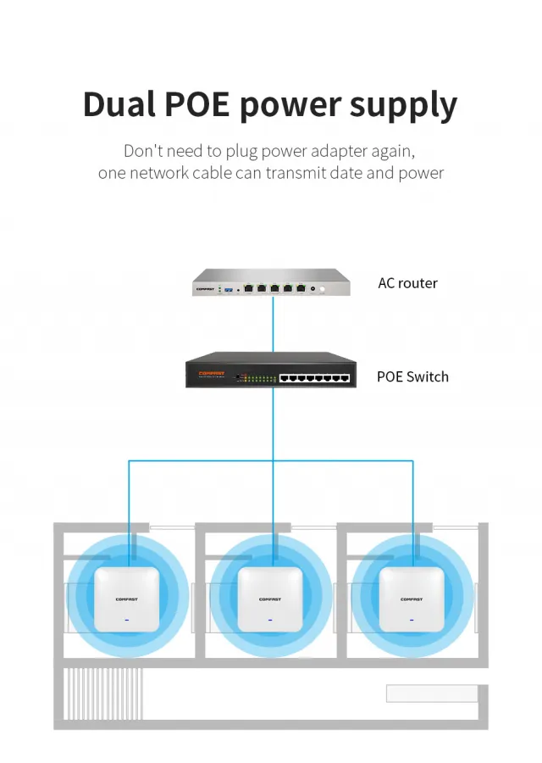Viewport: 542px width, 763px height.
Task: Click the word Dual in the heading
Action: point(119,103)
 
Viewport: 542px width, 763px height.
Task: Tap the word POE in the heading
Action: point(196,103)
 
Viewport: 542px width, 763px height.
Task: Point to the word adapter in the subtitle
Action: point(340,152)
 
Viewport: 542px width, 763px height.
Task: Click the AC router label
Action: point(407,283)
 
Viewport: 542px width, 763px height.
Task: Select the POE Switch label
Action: point(412,376)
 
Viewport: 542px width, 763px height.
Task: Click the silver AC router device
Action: point(271,282)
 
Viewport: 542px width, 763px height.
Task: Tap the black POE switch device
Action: point(271,370)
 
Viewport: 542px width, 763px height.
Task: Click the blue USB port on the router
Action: point(229,290)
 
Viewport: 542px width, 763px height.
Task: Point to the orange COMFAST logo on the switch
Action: point(212,373)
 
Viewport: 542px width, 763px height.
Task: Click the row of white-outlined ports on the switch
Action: point(314,378)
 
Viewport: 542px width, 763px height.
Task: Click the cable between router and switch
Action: point(274,324)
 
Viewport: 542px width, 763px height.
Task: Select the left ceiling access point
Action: point(127,599)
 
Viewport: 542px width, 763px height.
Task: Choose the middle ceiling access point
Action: point(270,599)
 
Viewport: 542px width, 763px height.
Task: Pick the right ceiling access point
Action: point(412,599)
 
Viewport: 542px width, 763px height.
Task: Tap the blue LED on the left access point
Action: point(127,621)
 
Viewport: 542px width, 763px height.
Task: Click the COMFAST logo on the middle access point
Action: point(270,599)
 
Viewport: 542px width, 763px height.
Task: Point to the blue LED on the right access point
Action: point(412,621)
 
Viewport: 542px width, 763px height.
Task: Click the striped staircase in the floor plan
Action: point(103,693)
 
